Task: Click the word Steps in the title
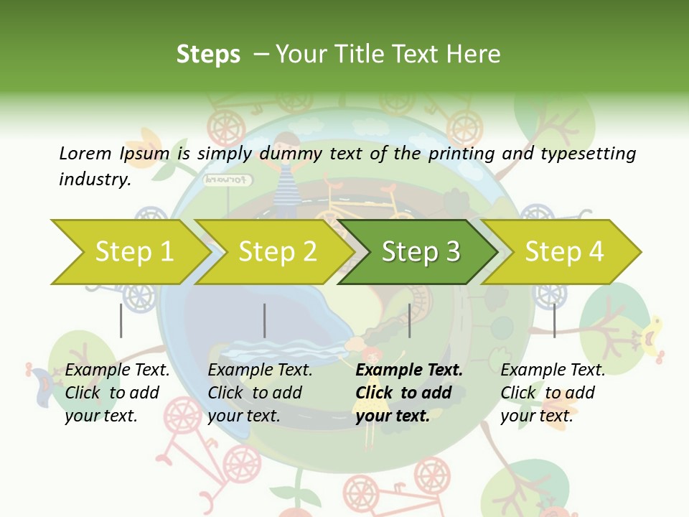pyautogui.click(x=208, y=55)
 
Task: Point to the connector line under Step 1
pyautogui.click(x=121, y=320)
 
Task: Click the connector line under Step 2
pyautogui.click(x=265, y=320)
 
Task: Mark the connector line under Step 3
pyautogui.click(x=410, y=320)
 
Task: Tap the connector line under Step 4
pyautogui.click(x=555, y=320)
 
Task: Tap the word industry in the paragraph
pyautogui.click(x=94, y=180)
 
